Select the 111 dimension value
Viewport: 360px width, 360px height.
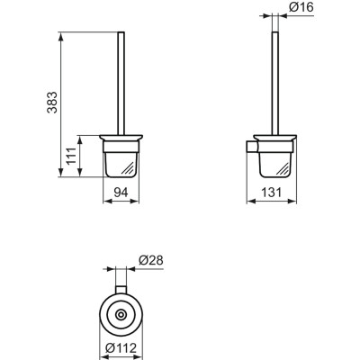click(x=69, y=157)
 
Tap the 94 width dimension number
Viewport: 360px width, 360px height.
click(x=123, y=192)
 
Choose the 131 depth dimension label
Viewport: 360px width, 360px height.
click(x=270, y=192)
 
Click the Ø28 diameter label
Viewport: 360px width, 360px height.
click(x=150, y=261)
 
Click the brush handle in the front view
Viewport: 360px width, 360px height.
click(x=123, y=81)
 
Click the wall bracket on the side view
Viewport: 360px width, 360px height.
click(x=251, y=146)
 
